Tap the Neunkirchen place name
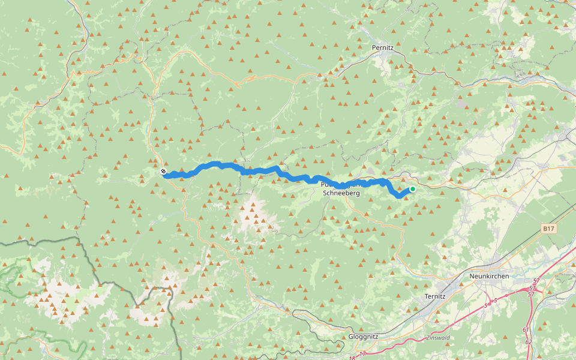(x=490, y=275)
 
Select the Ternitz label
(x=434, y=296)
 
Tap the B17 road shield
(x=547, y=229)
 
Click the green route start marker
(x=413, y=190)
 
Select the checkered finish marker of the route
(x=163, y=172)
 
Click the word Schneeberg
(x=341, y=193)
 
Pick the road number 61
(x=526, y=329)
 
